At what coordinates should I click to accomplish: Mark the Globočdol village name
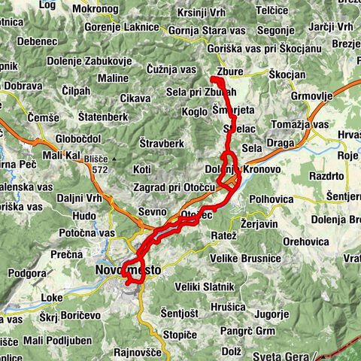(78, 138)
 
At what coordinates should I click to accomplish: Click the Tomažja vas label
(299, 124)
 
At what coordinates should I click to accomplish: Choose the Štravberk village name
(162, 142)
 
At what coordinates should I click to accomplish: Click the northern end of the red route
(213, 79)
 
